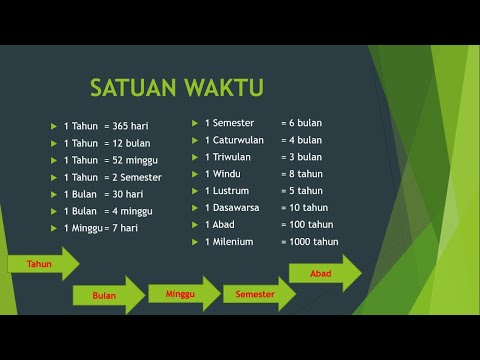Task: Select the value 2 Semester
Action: click(x=141, y=177)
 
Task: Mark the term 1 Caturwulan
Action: click(x=235, y=140)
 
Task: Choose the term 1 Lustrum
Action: click(x=228, y=191)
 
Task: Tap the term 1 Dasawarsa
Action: click(x=233, y=208)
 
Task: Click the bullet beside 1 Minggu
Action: click(x=54, y=229)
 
